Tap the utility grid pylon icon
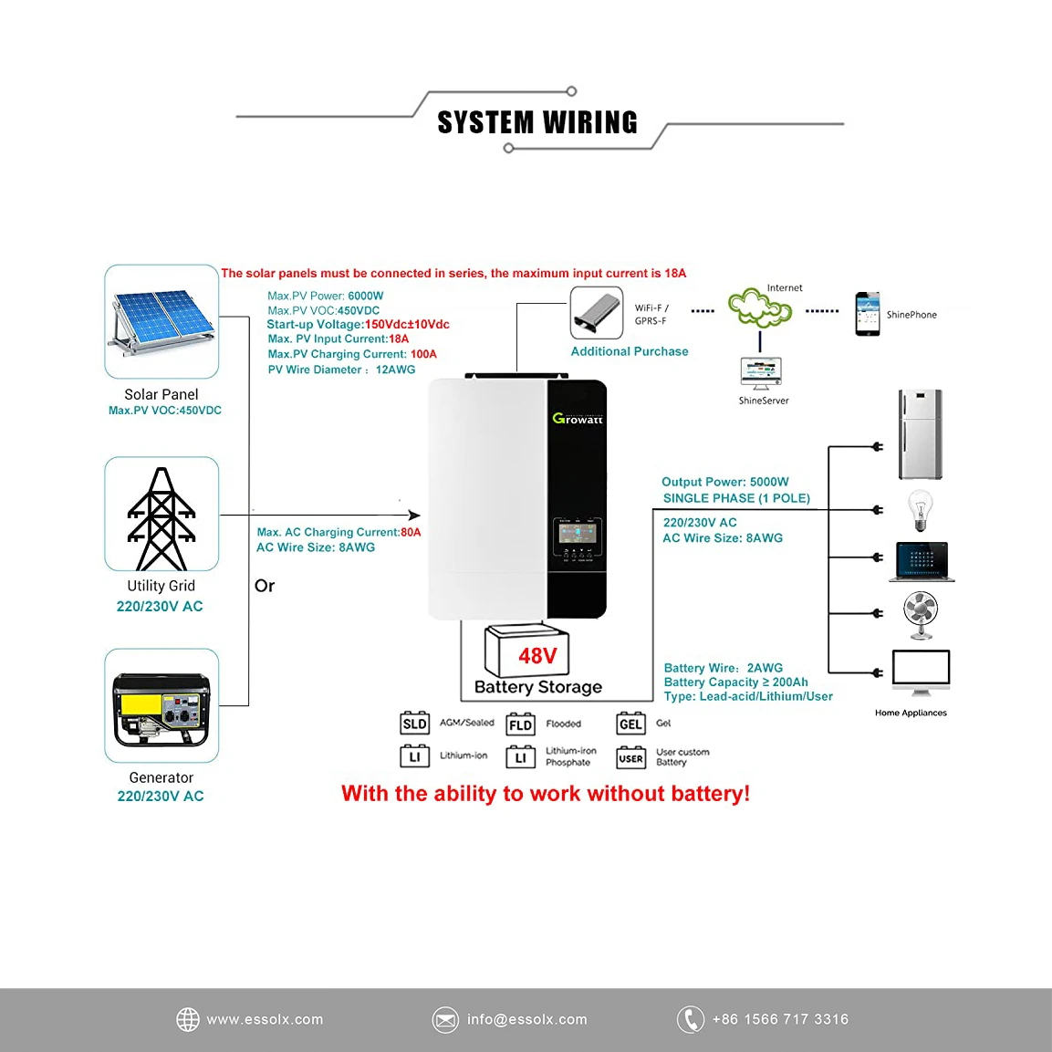pyautogui.click(x=161, y=516)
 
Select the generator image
pyautogui.click(x=161, y=708)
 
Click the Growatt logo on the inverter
pyautogui.click(x=578, y=419)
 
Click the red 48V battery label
pyautogui.click(x=537, y=656)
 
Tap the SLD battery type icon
pyautogui.click(x=414, y=724)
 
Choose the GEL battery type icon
pyautogui.click(x=630, y=724)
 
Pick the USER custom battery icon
pyautogui.click(x=630, y=757)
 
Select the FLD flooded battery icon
pyautogui.click(x=520, y=724)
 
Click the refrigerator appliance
pyautogui.click(x=920, y=434)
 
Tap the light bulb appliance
pyautogui.click(x=920, y=509)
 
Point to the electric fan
pyautogui.click(x=921, y=613)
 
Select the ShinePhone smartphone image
pyautogui.click(x=867, y=314)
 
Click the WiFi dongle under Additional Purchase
pyautogui.click(x=597, y=313)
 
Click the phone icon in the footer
pyautogui.click(x=691, y=1019)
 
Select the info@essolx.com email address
pyautogui.click(x=526, y=1019)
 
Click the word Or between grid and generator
pyautogui.click(x=265, y=586)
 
